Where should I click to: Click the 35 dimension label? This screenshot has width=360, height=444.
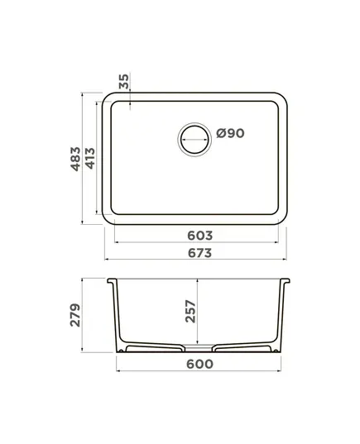(x=123, y=81)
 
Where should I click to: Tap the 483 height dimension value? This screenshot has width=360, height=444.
(x=75, y=159)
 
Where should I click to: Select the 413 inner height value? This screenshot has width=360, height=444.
(x=90, y=159)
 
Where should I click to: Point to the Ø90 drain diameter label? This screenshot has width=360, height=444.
(x=230, y=133)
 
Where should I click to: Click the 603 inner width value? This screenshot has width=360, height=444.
(x=199, y=236)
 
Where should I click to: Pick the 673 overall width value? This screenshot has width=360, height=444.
(x=199, y=253)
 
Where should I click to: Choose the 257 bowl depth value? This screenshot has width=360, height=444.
(x=190, y=312)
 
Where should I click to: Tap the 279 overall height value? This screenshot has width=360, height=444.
(x=75, y=315)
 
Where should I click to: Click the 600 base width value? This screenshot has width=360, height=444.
(x=199, y=364)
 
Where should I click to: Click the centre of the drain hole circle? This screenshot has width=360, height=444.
(x=194, y=139)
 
